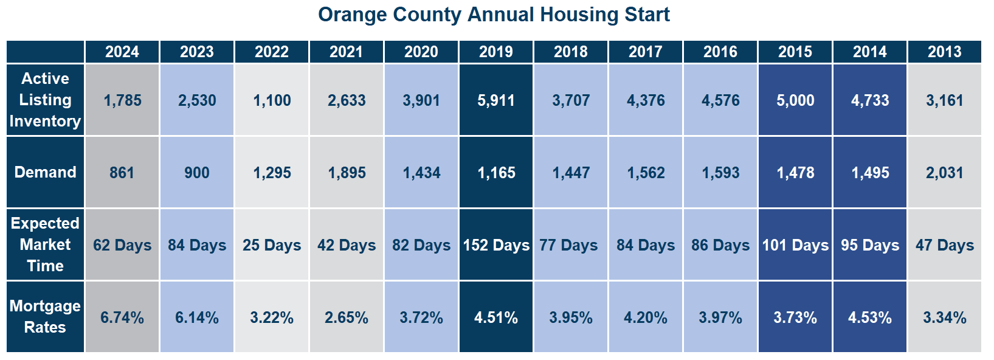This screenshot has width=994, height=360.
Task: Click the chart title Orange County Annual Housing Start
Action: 494,14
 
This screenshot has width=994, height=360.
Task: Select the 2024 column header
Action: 122,52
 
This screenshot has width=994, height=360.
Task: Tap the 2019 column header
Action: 496,52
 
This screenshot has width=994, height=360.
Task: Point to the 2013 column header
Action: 945,52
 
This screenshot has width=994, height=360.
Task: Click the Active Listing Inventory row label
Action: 45,100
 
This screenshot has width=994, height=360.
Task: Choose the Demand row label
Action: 45,172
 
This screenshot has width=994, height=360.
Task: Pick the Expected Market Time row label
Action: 45,244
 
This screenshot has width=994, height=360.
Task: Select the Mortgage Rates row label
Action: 45,316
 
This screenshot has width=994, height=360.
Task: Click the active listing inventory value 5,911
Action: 496,100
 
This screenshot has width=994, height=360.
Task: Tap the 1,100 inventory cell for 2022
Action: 272,100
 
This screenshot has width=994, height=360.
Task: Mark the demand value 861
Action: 122,173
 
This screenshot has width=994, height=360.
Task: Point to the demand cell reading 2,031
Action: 945,173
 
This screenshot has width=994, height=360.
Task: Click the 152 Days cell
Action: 496,245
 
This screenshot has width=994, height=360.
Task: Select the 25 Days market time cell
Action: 272,245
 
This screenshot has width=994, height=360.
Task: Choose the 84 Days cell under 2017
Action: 646,245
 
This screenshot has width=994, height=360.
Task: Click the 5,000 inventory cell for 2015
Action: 795,100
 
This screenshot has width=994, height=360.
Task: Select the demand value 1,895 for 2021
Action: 347,173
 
